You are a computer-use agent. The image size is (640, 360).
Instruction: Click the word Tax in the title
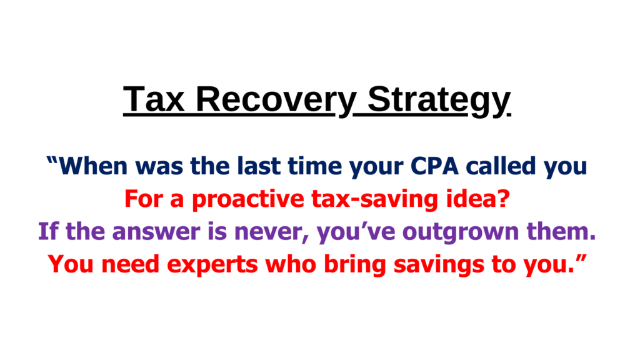154,99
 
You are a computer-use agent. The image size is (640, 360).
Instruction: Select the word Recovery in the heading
276,101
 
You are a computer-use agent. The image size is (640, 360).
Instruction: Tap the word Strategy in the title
439,101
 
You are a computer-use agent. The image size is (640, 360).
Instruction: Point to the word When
94,166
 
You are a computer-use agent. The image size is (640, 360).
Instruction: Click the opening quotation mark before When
52,160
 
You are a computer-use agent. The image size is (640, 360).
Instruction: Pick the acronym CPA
434,166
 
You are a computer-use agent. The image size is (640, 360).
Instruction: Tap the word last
259,166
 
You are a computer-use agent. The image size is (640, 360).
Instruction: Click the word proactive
248,199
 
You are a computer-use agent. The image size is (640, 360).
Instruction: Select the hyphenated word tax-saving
374,199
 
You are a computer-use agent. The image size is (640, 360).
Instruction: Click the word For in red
144,199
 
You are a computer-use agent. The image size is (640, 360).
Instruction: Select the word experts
212,265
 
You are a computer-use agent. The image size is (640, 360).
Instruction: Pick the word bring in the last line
355,265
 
